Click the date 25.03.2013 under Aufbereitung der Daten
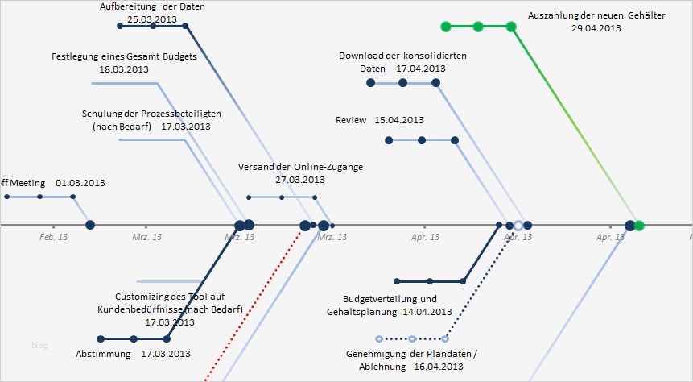(152, 18)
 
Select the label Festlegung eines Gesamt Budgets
(124, 57)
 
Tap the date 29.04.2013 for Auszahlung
(596, 28)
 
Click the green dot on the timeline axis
(639, 226)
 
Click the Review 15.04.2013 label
(379, 120)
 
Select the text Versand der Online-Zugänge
(300, 167)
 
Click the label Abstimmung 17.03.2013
(133, 353)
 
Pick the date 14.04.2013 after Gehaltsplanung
(427, 312)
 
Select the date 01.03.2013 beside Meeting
(80, 183)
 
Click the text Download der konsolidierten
(402, 56)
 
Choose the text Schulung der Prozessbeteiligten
(151, 114)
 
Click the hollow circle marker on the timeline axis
(518, 226)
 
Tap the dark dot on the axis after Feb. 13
(90, 225)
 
